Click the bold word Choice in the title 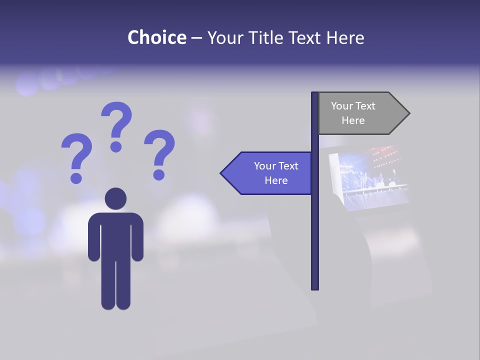156,37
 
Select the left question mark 76,157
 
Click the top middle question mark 116,125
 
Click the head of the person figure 115,198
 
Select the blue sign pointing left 270,173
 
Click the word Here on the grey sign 353,120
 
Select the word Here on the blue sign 276,180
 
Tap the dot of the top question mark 116,146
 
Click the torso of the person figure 115,235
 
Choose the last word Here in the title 345,37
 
